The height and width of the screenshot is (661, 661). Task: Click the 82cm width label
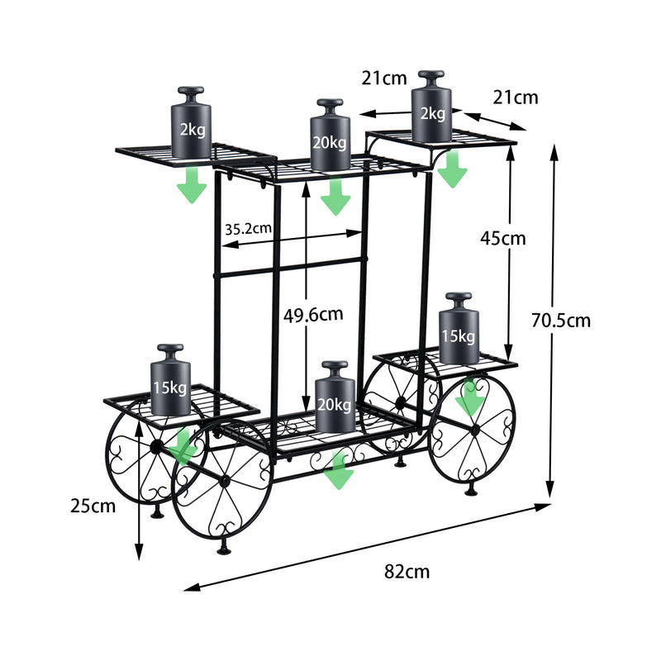point(406,571)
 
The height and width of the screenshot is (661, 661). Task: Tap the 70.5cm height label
point(561,321)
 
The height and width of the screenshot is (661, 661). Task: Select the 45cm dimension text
point(503,238)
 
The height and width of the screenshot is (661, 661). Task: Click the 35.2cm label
point(249,227)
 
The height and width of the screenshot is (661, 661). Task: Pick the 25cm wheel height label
point(91,506)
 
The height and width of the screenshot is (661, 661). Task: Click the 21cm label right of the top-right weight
point(515,97)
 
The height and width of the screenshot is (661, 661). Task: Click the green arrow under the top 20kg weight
point(335,196)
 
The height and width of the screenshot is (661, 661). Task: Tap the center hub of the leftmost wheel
point(154,446)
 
